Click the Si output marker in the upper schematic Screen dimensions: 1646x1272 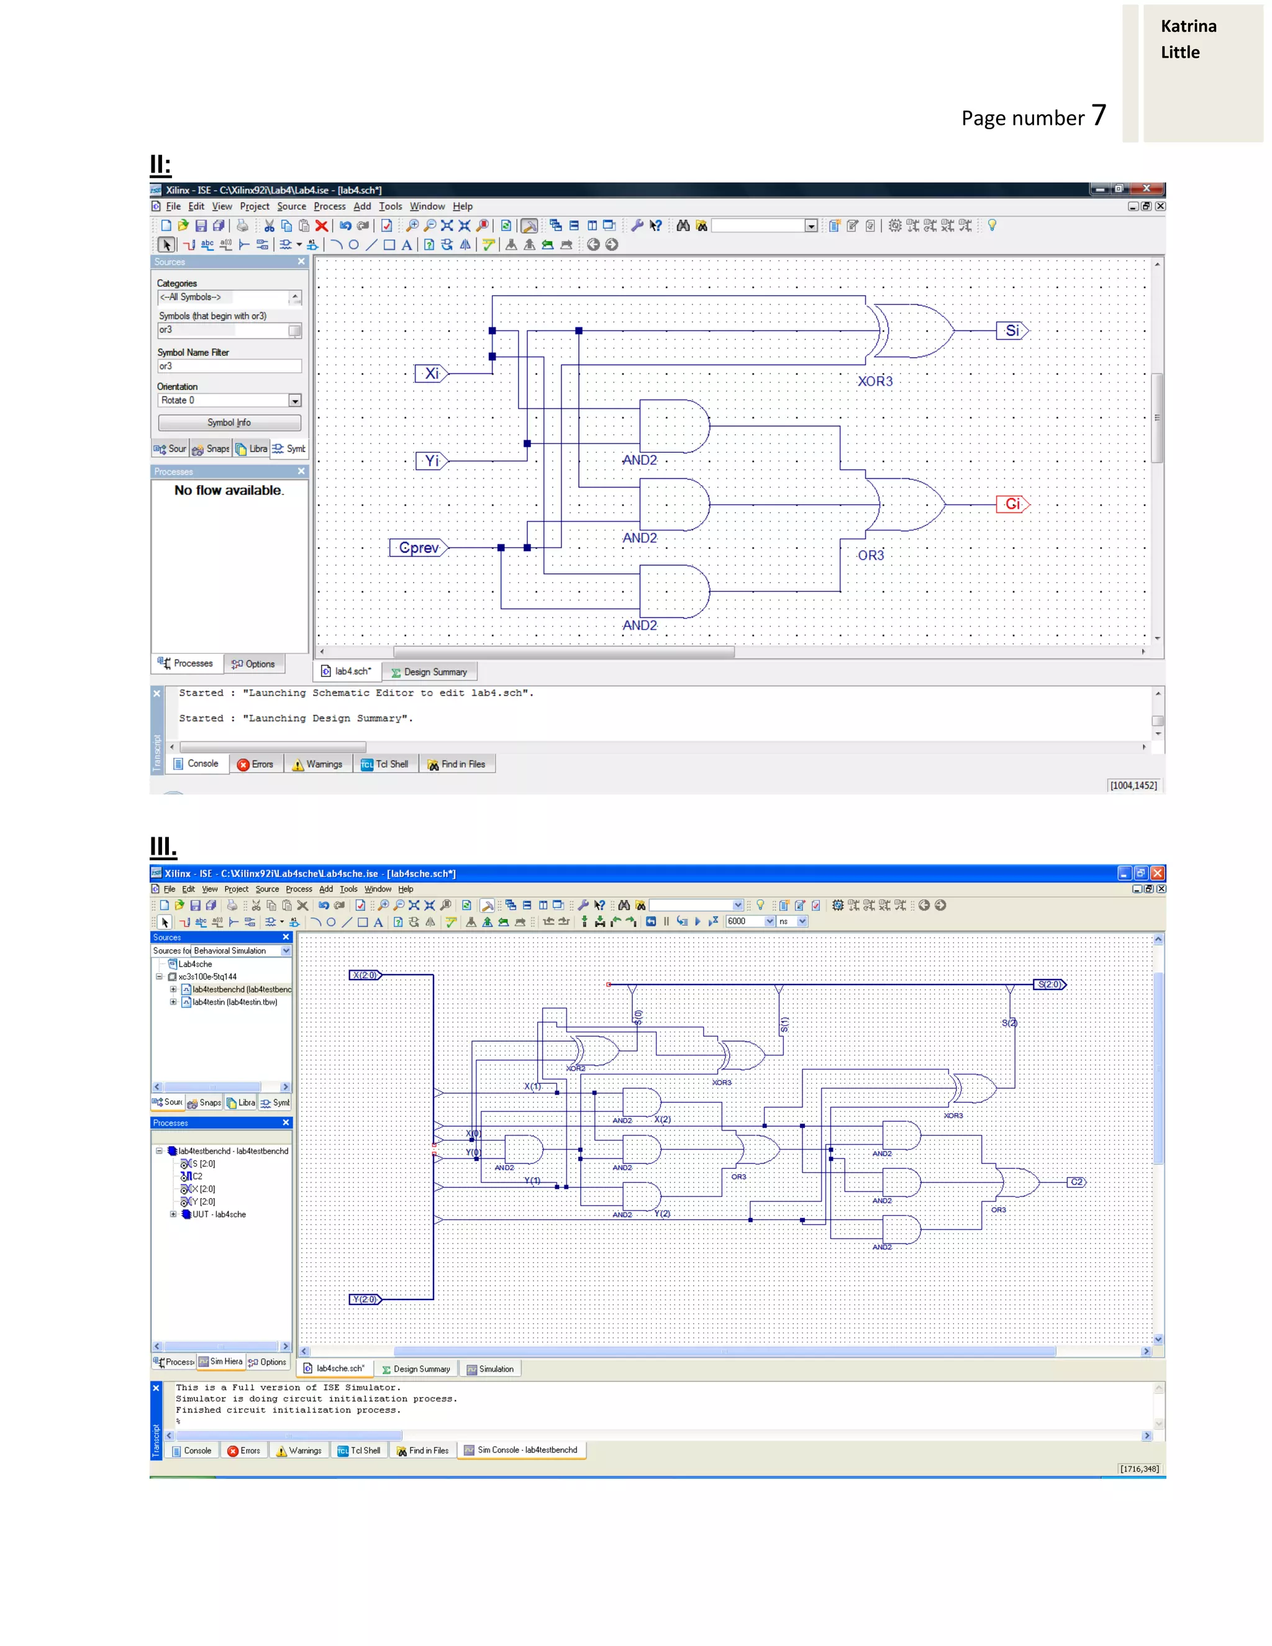[x=1011, y=330]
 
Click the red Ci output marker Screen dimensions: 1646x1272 [x=1012, y=504]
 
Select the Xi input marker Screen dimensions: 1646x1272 [x=431, y=373]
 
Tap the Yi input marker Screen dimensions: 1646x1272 [x=431, y=460]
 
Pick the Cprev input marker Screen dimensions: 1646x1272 [x=418, y=548]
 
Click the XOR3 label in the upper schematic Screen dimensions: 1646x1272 [x=874, y=381]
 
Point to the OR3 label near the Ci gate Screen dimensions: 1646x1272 [x=870, y=555]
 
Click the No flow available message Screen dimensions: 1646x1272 [x=229, y=491]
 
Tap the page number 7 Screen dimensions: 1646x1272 [x=1099, y=116]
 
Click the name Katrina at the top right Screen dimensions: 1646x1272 [x=1188, y=26]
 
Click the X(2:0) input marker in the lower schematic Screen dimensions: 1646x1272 [x=365, y=975]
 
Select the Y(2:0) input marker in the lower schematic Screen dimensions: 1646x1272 [x=365, y=1299]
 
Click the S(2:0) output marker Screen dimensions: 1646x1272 [x=1049, y=984]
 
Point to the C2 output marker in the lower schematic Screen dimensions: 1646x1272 [x=1076, y=1182]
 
